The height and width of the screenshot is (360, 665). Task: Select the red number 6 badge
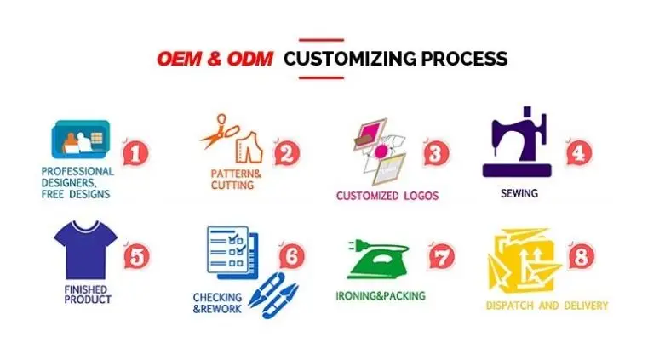tap(291, 254)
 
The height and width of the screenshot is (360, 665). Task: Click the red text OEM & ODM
tap(215, 59)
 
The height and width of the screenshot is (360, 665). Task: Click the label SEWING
tap(519, 193)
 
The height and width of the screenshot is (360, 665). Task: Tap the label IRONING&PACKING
tap(380, 296)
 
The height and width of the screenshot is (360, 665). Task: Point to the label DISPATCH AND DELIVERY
tap(547, 305)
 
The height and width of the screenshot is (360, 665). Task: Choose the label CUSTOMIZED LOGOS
tap(387, 196)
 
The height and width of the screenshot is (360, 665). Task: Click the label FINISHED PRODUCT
tap(88, 294)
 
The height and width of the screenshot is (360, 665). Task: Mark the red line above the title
tap(321, 40)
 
